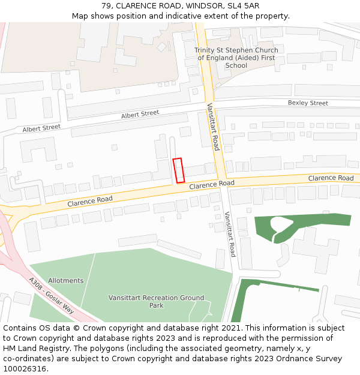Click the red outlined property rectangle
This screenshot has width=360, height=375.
(x=178, y=170)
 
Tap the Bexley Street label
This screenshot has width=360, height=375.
(x=308, y=103)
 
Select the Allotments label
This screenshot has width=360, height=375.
(x=66, y=280)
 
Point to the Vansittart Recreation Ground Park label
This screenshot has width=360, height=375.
(x=156, y=301)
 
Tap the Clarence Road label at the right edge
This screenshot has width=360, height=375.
(x=331, y=178)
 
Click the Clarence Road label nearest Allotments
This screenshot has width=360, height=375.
(x=90, y=200)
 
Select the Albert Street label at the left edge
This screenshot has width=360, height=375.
(x=42, y=128)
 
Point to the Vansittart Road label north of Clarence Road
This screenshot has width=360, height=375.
(x=212, y=127)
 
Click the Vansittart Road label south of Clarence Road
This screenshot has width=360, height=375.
(x=230, y=234)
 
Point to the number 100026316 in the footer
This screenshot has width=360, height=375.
(x=25, y=369)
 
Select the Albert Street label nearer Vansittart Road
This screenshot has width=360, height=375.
(x=140, y=113)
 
